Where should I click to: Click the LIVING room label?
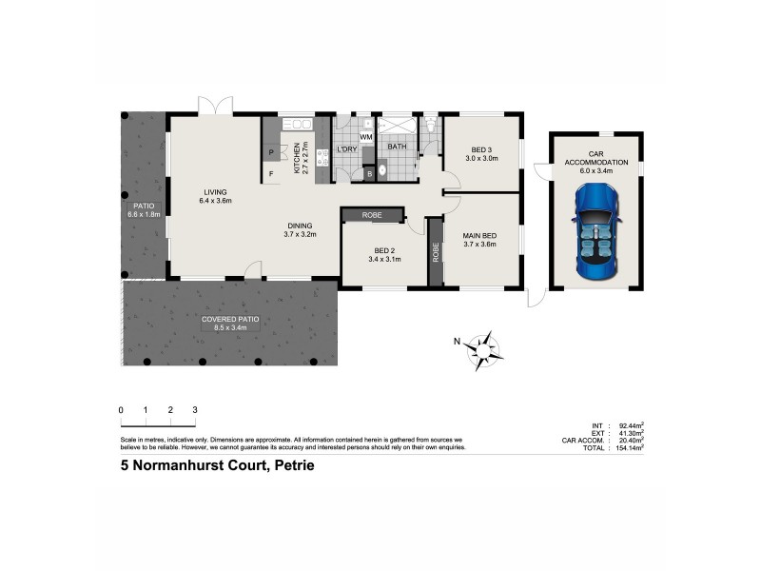pyautogui.click(x=215, y=192)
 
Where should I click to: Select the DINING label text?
pyautogui.click(x=302, y=226)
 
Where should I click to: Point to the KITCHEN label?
pyautogui.click(x=298, y=157)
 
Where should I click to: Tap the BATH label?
pyautogui.click(x=397, y=147)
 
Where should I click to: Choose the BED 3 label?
pyautogui.click(x=481, y=149)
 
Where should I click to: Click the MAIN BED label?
pyautogui.click(x=480, y=235)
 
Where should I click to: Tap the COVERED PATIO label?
pyautogui.click(x=230, y=320)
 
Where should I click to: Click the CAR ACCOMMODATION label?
pyautogui.click(x=596, y=157)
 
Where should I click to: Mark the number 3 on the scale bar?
pyautogui.click(x=194, y=409)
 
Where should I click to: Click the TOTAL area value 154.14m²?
pyautogui.click(x=630, y=446)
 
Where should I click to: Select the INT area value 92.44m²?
pyautogui.click(x=630, y=424)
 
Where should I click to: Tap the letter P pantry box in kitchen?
pyautogui.click(x=271, y=152)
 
